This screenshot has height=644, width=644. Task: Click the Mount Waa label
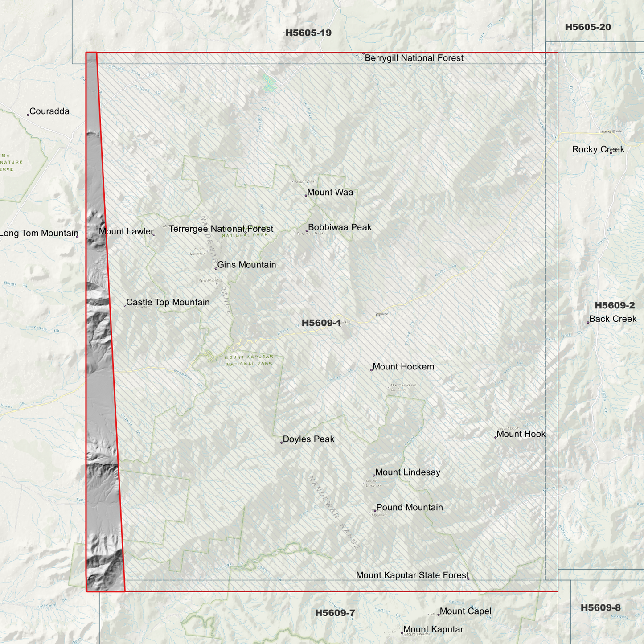tap(330, 193)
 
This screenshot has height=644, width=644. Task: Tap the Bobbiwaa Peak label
tap(340, 227)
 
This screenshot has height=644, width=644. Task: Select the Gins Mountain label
tap(246, 265)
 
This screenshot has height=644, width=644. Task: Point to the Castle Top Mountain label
tap(168, 303)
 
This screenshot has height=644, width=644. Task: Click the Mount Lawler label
tap(126, 231)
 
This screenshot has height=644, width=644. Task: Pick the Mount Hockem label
tap(403, 367)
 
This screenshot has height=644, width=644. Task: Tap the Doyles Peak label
tap(308, 439)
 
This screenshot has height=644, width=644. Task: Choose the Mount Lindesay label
tap(408, 472)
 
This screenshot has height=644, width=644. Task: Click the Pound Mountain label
tap(410, 508)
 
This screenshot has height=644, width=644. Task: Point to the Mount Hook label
tap(521, 434)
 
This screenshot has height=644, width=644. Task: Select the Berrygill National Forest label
tap(414, 58)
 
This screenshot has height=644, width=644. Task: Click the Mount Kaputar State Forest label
tap(412, 575)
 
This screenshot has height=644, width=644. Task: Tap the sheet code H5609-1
tap(321, 323)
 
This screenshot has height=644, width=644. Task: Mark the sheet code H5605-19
tap(308, 33)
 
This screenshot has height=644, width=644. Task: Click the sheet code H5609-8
tap(600, 608)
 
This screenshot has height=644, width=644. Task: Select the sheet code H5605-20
tap(588, 27)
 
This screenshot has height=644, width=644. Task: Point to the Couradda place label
tap(49, 111)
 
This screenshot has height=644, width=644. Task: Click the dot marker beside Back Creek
tap(588, 323)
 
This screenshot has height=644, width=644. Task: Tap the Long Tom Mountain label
tap(39, 234)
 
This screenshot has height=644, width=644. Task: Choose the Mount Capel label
tap(465, 611)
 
